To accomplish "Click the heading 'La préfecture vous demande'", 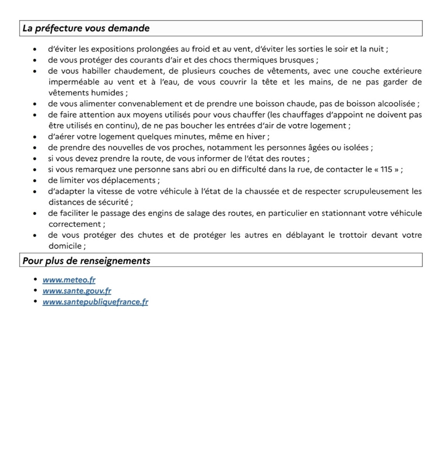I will pyautogui.click(x=86, y=28).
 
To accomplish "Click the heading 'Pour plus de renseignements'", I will pyautogui.click(x=86, y=261).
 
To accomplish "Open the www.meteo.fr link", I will pyautogui.click(x=69, y=280).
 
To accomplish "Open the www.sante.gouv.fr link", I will pyautogui.click(x=77, y=291).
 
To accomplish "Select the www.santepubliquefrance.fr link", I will pyautogui.click(x=96, y=302).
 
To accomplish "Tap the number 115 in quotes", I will pyautogui.click(x=386, y=170).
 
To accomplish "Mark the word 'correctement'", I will pyautogui.click(x=75, y=224).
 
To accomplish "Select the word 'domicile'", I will pyautogui.click(x=65, y=246).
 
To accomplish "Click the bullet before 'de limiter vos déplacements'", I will pyautogui.click(x=35, y=181).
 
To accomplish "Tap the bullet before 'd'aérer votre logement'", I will pyautogui.click(x=35, y=137).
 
